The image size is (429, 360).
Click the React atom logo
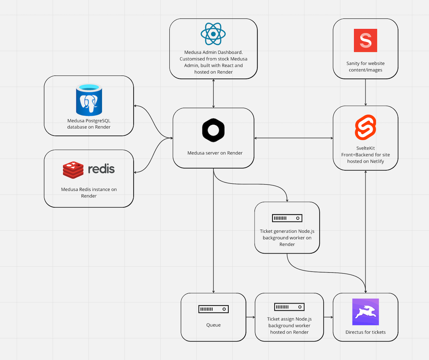coord(213,34)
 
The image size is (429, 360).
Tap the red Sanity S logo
coord(366,40)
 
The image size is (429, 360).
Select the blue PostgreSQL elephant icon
coord(89,100)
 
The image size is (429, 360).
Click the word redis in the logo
coord(101,169)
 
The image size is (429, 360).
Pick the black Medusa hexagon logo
coord(213,130)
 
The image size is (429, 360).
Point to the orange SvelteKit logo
coord(366,127)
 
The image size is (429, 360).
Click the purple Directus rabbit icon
coord(366,312)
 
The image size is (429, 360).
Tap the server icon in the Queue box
coord(213,309)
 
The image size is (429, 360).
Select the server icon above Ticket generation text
coord(287,218)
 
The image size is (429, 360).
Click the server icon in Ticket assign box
coord(289,307)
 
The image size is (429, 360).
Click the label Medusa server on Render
coord(215,153)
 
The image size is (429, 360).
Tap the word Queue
coord(213,325)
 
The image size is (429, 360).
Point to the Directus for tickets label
coord(366,332)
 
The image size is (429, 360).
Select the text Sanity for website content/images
coord(366,67)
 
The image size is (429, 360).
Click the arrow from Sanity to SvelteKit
coord(366,92)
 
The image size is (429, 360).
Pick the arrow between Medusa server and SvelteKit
coord(293,138)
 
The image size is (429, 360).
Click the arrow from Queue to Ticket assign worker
coord(250,317)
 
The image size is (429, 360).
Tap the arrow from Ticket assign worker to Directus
coord(328,317)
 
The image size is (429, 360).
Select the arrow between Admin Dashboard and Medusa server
coord(213,93)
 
